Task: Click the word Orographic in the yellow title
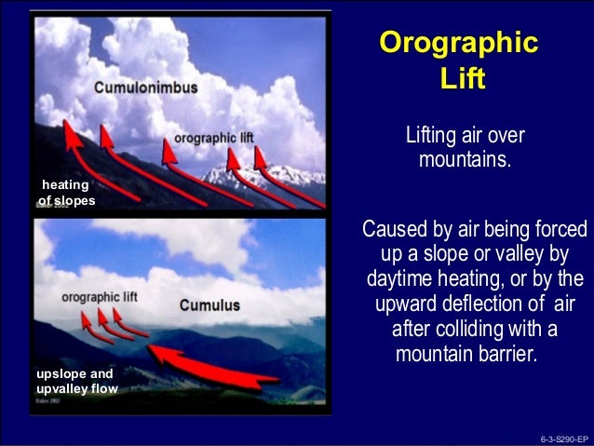[x=459, y=43]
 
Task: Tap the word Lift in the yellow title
[x=461, y=79]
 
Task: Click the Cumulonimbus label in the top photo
[x=138, y=88]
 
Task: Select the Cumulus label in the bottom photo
[x=209, y=304]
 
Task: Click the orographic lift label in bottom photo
[x=99, y=296]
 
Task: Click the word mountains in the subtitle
[x=463, y=160]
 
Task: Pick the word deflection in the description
[x=499, y=304]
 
